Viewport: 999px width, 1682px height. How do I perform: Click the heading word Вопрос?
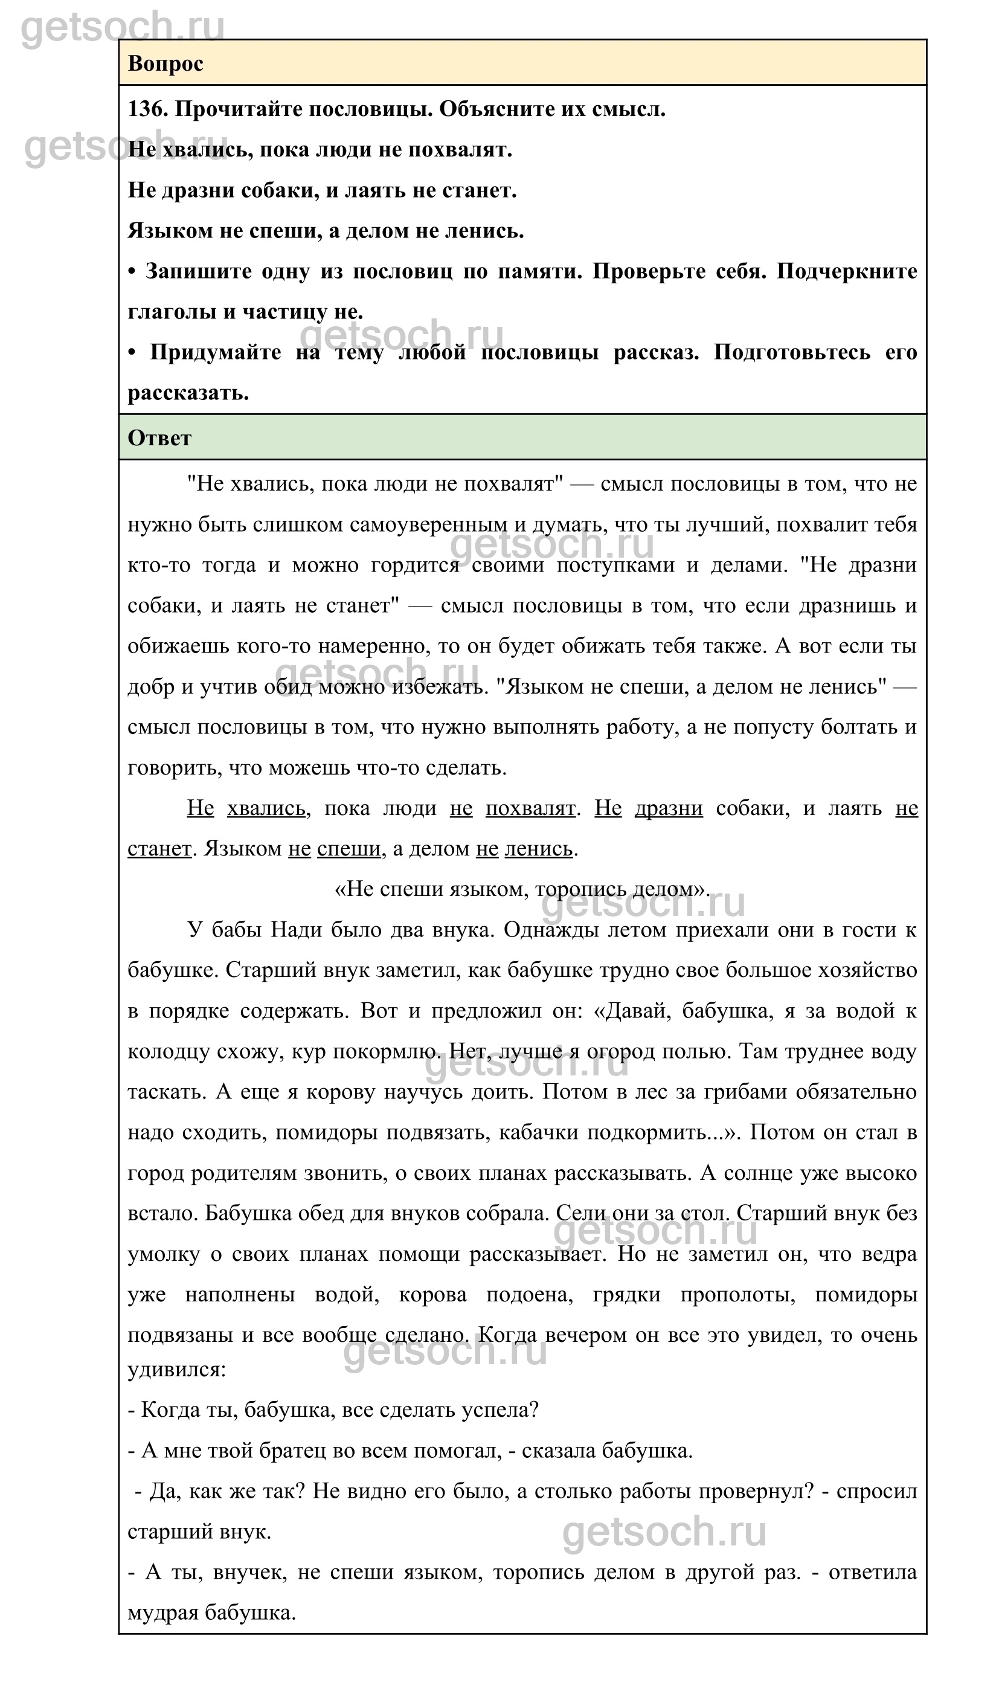click(x=165, y=64)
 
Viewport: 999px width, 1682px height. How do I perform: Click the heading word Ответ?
click(x=159, y=439)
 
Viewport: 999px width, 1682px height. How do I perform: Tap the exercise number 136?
click(x=147, y=109)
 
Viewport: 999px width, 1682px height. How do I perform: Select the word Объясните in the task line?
click(x=489, y=109)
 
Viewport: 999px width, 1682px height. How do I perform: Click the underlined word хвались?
click(x=266, y=808)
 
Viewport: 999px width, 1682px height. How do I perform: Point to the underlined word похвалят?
click(x=530, y=808)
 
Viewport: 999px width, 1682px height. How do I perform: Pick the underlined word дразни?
click(x=669, y=808)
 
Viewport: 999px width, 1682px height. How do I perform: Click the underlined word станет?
click(x=159, y=848)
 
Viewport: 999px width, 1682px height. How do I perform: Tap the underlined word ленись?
click(x=539, y=848)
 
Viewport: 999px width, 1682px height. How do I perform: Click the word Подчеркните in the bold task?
click(x=847, y=271)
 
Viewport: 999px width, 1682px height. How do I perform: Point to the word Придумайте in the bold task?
click(x=216, y=352)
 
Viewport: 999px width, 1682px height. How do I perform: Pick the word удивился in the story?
click(x=176, y=1370)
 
